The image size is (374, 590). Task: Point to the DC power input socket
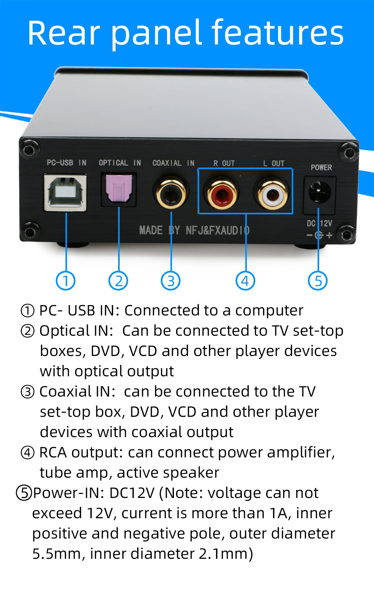coord(319,192)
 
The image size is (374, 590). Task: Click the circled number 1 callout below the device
coord(65,281)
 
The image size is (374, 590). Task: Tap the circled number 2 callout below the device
coord(118,281)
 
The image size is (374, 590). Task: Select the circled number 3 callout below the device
coord(171,281)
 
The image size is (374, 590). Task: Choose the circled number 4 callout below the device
coord(245,281)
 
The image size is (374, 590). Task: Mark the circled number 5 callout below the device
coord(318,281)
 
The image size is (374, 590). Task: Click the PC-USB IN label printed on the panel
coord(66,163)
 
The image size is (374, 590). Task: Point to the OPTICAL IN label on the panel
coord(120,163)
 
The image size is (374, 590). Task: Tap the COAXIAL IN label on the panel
coord(173,163)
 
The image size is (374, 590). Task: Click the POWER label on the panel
coord(321,168)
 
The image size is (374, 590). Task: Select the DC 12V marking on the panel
coord(319,223)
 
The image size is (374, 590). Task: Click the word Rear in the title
coord(64,33)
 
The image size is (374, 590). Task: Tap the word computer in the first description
coord(269,310)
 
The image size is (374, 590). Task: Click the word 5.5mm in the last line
coord(57,554)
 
